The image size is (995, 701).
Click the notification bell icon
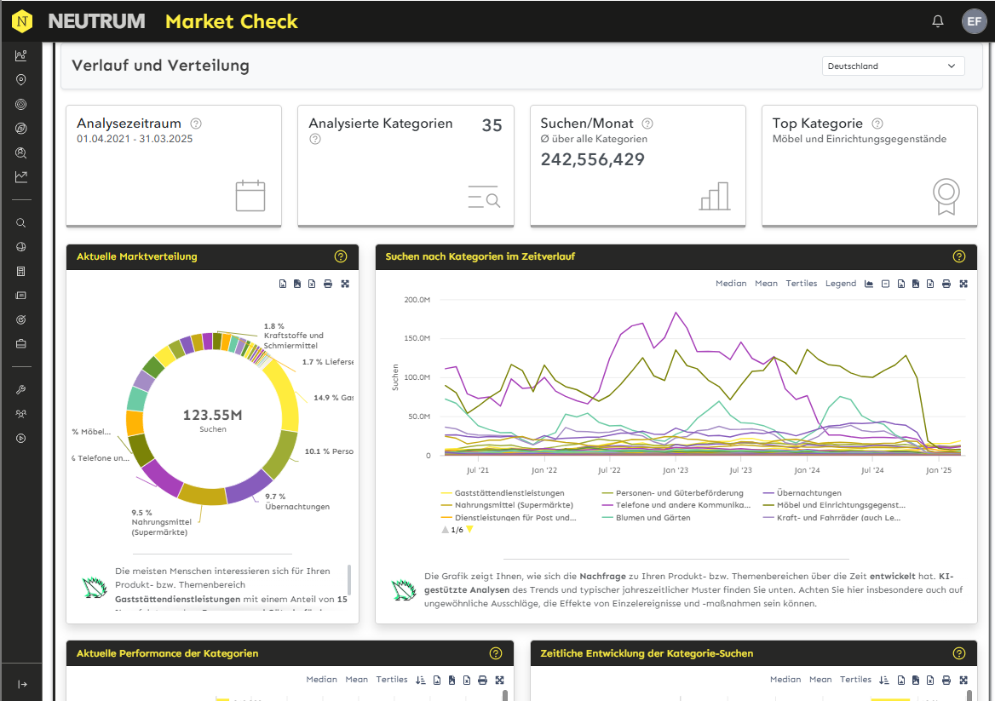coord(938,21)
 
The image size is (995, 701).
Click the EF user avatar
coord(974,21)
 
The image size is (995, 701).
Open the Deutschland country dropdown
coord(892,66)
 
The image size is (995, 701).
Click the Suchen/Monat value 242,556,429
coord(593,159)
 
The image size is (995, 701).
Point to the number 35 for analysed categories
coord(492,125)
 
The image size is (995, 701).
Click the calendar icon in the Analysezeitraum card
coord(250,195)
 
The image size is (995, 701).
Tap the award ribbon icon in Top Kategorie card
coord(946,196)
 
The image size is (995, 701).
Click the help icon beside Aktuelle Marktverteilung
coord(341,256)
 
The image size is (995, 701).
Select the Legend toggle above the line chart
coord(840,284)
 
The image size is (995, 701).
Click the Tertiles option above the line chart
coord(801,284)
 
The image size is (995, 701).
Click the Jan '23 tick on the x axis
coord(675,470)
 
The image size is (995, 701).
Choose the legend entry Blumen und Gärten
coord(653,517)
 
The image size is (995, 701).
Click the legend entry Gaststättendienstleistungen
coord(509,493)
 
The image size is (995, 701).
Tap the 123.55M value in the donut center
coord(213,416)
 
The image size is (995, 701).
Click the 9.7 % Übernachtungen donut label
coord(285,502)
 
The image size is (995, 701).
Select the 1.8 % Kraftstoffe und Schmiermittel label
coord(293,336)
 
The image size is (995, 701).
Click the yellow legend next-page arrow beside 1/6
coord(469,530)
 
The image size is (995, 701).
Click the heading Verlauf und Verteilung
coord(160,66)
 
